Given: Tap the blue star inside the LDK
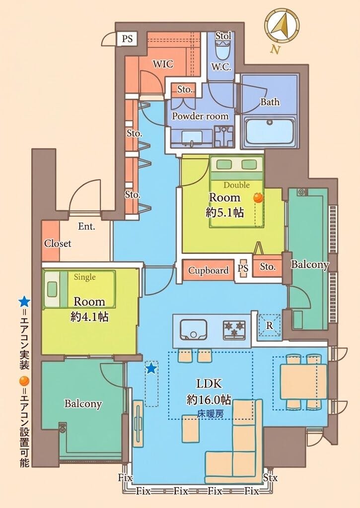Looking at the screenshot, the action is tap(151, 368).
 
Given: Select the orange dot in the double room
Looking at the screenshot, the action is tap(258, 197).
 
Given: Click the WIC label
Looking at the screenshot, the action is tap(163, 64).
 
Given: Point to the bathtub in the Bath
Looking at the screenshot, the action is tap(270, 131).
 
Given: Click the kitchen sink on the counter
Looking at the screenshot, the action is tap(193, 329).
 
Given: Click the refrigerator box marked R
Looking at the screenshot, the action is tap(269, 325).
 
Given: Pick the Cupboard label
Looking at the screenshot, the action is tap(208, 270).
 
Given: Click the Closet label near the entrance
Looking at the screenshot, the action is tap(58, 243).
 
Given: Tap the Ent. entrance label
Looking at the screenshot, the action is tap(86, 226).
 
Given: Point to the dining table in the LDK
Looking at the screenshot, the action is tap(303, 381).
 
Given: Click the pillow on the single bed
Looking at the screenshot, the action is tap(52, 289).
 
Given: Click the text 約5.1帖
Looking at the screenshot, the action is tap(225, 212).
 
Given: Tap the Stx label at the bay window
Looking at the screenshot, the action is tap(270, 477).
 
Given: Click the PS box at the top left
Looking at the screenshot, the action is tap(127, 39).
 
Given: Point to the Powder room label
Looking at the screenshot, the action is tap(200, 116).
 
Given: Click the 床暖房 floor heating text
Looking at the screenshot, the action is tap(210, 413).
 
